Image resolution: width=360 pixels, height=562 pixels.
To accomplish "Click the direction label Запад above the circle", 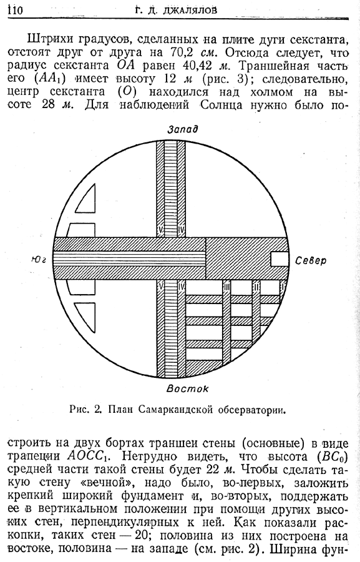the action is pos(183,129).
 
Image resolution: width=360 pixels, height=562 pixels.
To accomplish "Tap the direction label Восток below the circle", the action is pos(188,388).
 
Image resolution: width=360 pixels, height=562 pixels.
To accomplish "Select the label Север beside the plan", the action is pos(311,260).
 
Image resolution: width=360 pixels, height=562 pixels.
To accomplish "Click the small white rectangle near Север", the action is pos(279,259).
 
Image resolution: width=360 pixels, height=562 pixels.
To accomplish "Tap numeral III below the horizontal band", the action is pos(226,287).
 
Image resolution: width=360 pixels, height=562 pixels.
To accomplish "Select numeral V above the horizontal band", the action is pos(160,230).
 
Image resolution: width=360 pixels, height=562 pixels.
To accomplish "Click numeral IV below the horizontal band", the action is pos(181,287).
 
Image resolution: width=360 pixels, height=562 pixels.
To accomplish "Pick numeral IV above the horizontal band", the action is pos(181,230).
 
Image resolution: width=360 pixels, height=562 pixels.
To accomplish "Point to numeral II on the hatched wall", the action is pos(256,287).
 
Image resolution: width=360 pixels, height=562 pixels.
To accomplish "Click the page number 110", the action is pos(15,10).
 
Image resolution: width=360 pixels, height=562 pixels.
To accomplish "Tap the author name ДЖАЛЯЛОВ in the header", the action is pos(190,10).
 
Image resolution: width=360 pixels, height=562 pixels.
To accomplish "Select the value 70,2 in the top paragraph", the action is pos(180,52).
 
